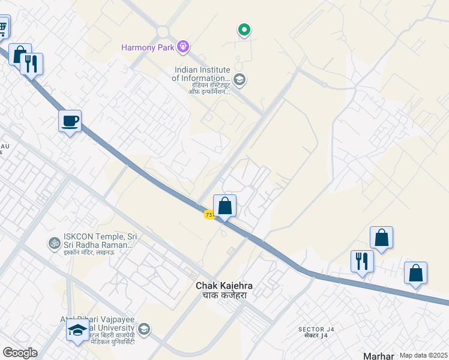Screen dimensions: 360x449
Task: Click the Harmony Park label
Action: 147,46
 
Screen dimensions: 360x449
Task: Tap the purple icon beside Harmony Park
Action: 183,46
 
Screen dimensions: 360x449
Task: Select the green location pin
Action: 244,29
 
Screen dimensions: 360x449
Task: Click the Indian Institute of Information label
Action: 201,74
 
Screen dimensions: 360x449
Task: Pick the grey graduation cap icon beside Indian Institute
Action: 239,79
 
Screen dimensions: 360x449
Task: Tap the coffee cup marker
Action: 70,121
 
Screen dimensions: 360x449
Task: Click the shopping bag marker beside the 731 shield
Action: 224,206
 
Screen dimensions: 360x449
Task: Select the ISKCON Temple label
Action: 99,241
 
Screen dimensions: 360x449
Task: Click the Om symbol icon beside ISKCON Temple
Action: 54,244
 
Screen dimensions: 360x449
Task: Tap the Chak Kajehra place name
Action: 224,286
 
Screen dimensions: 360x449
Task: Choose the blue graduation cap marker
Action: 77,330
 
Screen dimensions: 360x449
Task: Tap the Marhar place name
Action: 379,355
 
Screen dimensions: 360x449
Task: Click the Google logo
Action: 20,353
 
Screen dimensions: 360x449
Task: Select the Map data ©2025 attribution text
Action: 423,355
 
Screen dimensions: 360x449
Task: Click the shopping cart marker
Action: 3,26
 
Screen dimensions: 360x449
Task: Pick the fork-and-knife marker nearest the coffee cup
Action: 32,63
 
